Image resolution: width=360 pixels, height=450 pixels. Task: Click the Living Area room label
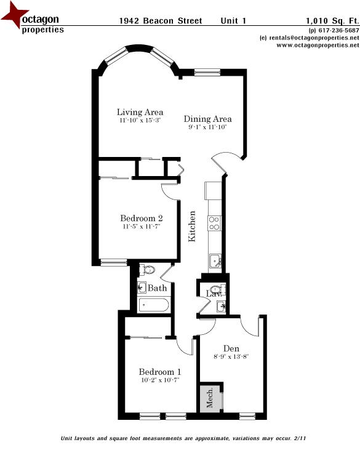[140, 112]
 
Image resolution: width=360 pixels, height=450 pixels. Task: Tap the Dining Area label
[207, 119]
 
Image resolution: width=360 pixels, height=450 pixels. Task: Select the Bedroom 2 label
[141, 219]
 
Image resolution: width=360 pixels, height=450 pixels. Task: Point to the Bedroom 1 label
[159, 372]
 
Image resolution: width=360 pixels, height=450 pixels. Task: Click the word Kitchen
[192, 226]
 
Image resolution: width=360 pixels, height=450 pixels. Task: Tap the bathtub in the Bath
[153, 304]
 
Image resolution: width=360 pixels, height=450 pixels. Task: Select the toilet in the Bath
[147, 270]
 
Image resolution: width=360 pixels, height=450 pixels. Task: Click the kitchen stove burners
[215, 222]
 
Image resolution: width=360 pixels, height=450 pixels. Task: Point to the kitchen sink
[215, 260]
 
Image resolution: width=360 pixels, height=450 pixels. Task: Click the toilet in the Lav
[214, 289]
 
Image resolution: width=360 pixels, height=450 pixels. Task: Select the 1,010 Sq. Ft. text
[332, 20]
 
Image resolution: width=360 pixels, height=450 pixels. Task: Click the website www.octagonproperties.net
[313, 45]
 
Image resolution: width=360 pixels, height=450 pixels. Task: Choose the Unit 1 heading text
[233, 20]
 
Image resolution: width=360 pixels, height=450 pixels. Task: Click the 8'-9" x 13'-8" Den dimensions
[231, 356]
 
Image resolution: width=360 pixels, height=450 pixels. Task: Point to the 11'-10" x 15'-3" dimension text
[140, 121]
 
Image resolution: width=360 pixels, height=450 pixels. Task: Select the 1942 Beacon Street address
[160, 20]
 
